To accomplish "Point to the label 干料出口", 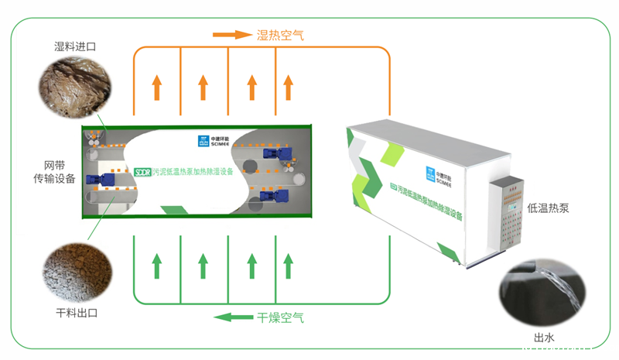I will pos(76,313).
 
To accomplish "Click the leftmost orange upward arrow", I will pos(157,87).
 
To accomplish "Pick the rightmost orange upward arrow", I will pos(287,87).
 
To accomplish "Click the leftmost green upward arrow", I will pos(157,265).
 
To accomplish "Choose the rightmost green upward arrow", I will pos(287,265).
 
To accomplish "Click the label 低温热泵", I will pos(548,208).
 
